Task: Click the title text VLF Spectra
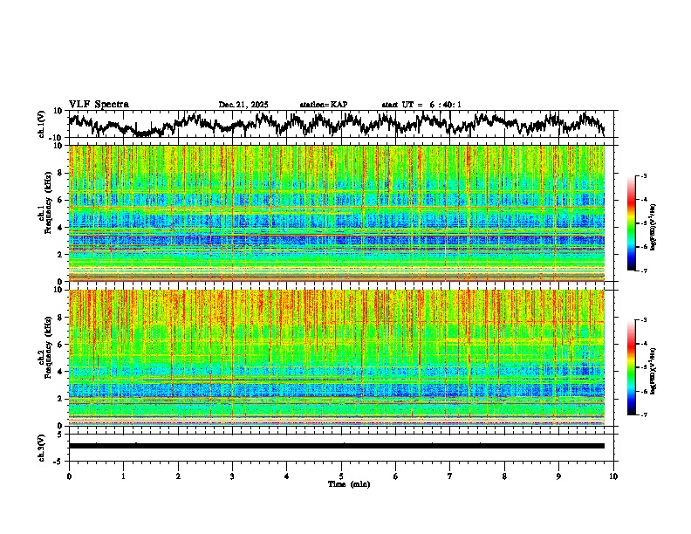pyautogui.click(x=99, y=105)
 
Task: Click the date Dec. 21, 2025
pyautogui.click(x=243, y=105)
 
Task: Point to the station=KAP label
pyautogui.click(x=324, y=105)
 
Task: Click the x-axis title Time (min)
pyautogui.click(x=348, y=484)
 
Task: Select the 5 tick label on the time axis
pyautogui.click(x=341, y=476)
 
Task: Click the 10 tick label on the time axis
pyautogui.click(x=613, y=476)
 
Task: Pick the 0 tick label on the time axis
pyautogui.click(x=69, y=476)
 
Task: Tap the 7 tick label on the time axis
pyautogui.click(x=450, y=476)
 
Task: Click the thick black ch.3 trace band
pyautogui.click(x=336, y=446)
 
